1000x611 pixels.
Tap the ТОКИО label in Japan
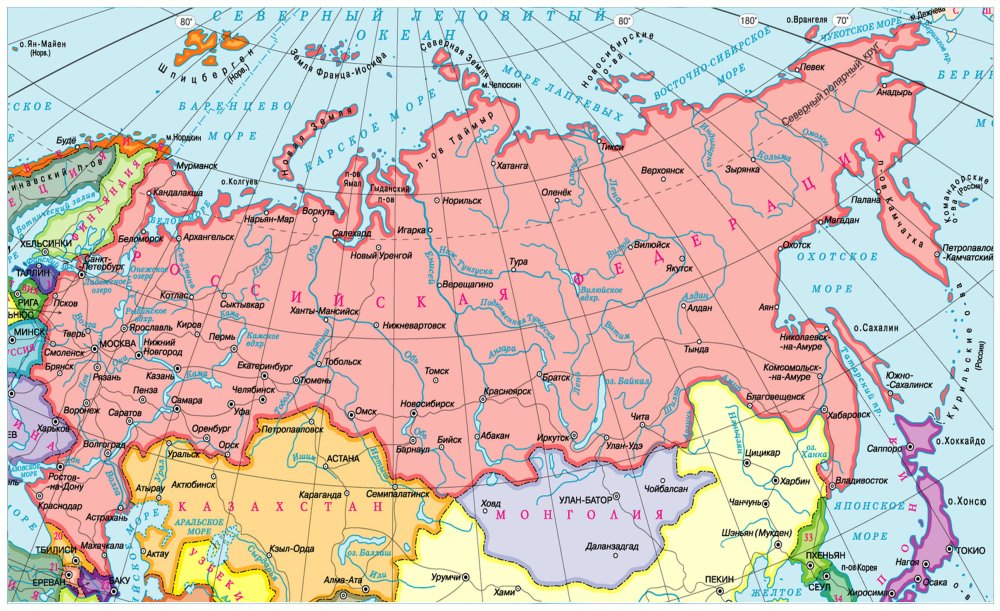969,550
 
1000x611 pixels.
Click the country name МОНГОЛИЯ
580,515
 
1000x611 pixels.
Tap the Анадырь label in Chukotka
894,92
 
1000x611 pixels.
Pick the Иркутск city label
552,437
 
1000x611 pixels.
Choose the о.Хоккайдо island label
962,441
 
